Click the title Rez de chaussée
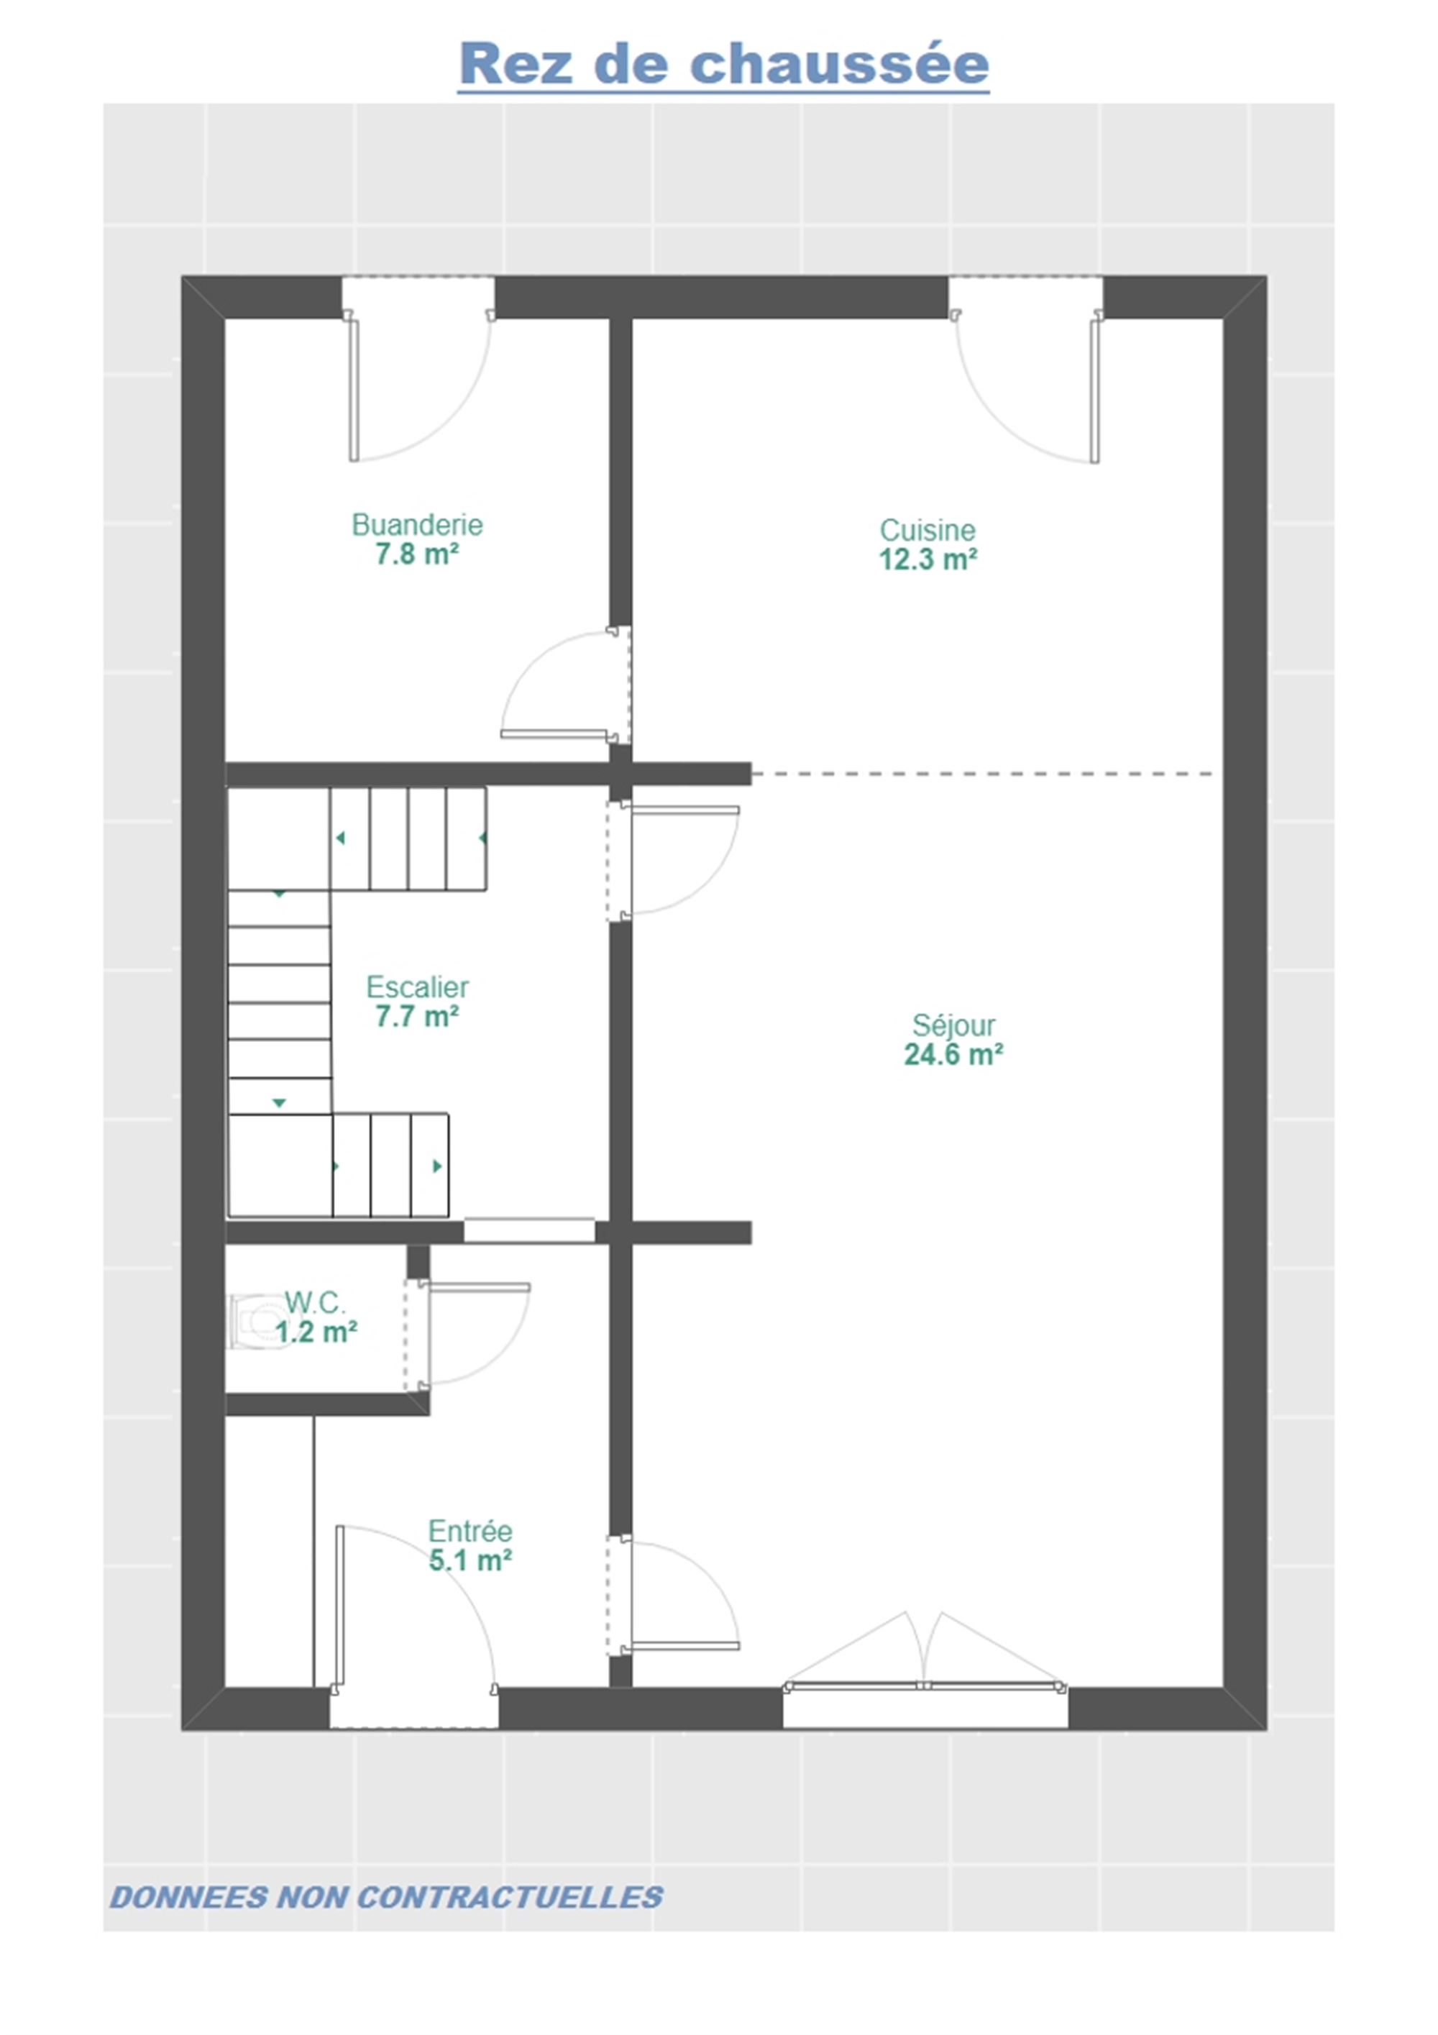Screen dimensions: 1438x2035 (723, 64)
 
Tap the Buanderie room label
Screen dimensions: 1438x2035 (417, 525)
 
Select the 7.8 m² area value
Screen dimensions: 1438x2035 (416, 554)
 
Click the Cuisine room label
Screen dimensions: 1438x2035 (928, 530)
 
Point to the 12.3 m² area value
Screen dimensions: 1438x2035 (928, 559)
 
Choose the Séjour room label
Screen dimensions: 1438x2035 (953, 1025)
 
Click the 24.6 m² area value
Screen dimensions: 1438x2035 (953, 1055)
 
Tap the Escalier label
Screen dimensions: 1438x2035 (417, 987)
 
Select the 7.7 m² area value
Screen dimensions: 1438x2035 (416, 1016)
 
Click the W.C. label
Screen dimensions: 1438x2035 (316, 1303)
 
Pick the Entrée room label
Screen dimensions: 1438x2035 (470, 1531)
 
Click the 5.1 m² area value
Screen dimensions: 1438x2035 (470, 1560)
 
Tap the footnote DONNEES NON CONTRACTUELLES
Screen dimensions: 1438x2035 (386, 1898)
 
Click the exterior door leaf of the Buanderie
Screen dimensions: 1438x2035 (354, 390)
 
